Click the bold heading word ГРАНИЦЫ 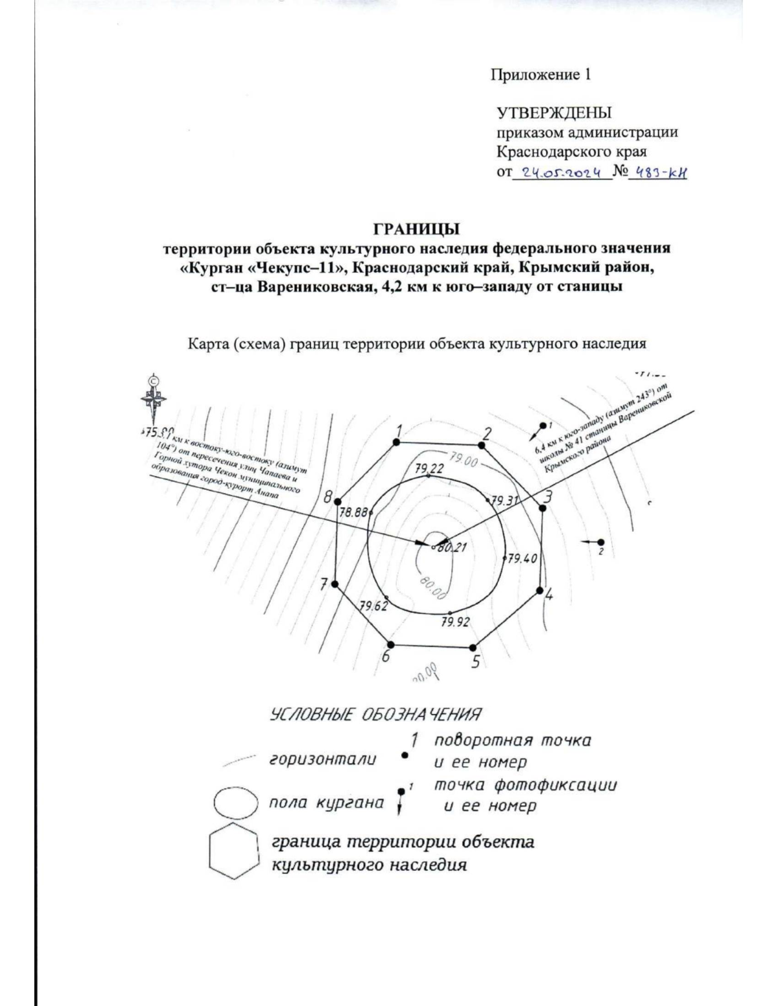point(407,229)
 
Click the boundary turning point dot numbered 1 point(397,442)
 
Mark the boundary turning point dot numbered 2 point(482,445)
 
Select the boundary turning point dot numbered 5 point(473,647)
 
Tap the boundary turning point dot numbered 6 point(390,645)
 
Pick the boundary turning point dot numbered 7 point(335,584)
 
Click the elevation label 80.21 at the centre point(451,547)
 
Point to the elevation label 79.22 point(429,468)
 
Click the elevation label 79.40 point(523,558)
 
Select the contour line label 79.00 point(461,461)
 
